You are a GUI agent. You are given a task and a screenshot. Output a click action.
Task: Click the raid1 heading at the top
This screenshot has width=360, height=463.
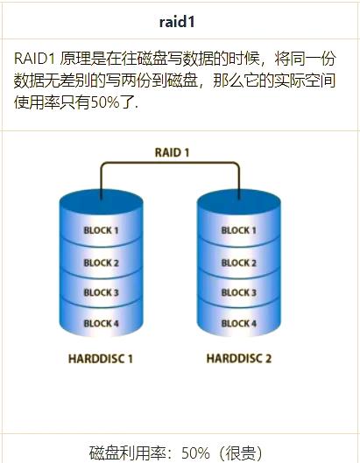point(177,22)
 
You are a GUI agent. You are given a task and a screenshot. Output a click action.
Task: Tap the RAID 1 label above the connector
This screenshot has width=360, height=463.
point(172,152)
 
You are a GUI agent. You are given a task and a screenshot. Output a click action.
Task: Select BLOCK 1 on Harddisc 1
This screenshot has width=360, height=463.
point(101,230)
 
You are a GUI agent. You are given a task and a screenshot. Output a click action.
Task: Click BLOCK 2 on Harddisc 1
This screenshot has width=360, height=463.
point(101,263)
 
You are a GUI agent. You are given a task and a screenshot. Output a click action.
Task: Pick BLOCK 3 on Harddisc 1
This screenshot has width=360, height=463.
point(101,292)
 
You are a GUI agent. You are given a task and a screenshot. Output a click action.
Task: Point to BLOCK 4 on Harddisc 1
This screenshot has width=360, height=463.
point(101,323)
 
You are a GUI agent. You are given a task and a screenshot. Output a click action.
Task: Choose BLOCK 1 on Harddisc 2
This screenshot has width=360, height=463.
point(239,230)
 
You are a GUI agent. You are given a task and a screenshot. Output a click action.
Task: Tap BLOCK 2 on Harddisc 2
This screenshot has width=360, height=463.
point(239,263)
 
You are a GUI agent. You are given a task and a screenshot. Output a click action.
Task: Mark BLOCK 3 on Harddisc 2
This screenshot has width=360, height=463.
point(239,292)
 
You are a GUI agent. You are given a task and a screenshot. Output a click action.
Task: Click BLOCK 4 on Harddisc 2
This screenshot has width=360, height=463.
point(239,323)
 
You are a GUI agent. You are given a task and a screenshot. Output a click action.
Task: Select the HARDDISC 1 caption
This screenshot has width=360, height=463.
point(101,359)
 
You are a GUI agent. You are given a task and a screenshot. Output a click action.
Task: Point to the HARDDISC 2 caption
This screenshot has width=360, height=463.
point(239,359)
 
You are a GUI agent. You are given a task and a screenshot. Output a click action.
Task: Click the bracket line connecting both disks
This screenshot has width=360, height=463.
point(170,163)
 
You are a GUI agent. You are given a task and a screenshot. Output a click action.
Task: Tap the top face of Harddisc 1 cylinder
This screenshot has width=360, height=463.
point(102,201)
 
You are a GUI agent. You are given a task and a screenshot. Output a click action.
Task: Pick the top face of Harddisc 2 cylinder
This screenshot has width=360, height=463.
point(239,201)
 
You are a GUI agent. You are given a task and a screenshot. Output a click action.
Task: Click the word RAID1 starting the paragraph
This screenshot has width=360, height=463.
point(34,59)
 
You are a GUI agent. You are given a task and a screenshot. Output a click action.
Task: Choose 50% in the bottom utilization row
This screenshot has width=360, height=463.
point(195,452)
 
